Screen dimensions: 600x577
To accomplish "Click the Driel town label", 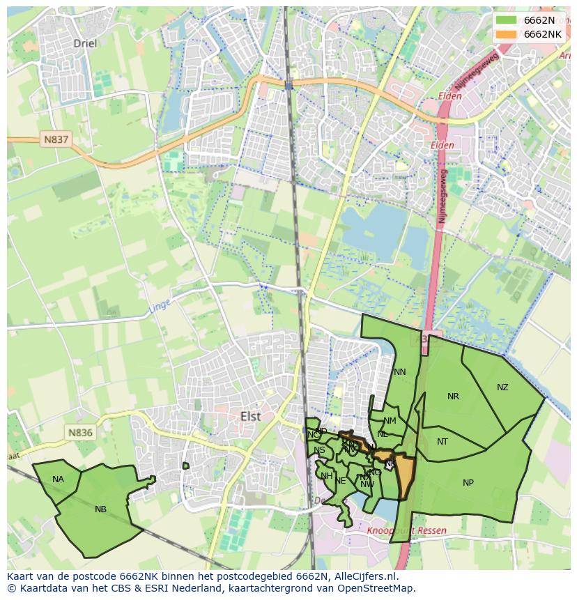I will coord(85,43).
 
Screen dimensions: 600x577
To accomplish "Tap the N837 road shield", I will coord(56,139).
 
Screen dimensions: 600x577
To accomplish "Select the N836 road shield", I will coord(80,433).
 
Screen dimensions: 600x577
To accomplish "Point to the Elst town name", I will coord(250,416).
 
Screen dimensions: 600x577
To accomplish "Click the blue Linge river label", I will coord(159,306).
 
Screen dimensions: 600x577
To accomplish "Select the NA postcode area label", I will coord(58,479).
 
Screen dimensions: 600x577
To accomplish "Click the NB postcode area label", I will coord(100,509).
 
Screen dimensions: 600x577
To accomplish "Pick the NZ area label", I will coord(502,387).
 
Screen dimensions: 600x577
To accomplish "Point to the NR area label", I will coord(453,397).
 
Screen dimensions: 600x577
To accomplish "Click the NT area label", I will coord(443,442).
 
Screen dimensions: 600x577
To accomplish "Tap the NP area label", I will coord(468,483).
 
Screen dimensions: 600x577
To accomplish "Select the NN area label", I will coord(399,372).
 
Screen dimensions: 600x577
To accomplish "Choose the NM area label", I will coord(390,421).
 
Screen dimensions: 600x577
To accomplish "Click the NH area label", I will coord(326,476).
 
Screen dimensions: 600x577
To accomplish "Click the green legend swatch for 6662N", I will coord(507,20).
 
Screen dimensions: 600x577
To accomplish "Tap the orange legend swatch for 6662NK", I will coord(507,34).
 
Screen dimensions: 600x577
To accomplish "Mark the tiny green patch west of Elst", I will coord(185,466).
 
